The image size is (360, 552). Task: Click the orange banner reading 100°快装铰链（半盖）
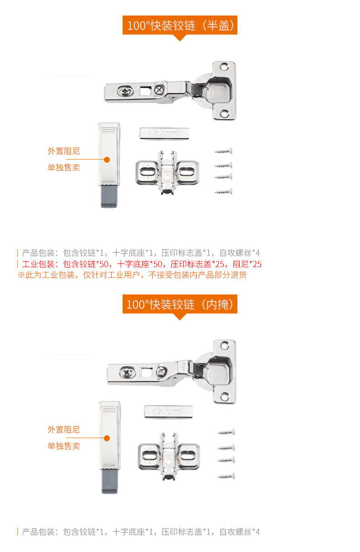[180, 25]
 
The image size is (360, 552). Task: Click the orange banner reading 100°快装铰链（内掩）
[180, 304]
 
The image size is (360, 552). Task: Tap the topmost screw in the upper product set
[223, 151]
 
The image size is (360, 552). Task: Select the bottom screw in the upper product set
[223, 192]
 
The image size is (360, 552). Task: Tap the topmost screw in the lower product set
[226, 432]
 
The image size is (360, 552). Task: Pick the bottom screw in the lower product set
[226, 476]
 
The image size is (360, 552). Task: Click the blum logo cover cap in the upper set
[165, 133]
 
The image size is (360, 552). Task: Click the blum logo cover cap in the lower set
[168, 412]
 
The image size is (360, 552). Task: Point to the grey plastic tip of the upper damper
[109, 196]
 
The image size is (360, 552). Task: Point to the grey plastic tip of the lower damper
[110, 481]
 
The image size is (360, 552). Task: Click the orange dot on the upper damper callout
[107, 160]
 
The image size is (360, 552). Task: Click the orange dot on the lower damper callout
[107, 438]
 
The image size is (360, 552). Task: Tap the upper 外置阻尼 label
[64, 151]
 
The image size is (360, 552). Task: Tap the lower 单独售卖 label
[64, 446]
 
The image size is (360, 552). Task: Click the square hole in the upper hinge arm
[144, 90]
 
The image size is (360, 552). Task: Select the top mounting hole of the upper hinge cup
[224, 66]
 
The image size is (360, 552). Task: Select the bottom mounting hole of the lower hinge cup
[224, 397]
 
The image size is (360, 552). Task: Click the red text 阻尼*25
[247, 264]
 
